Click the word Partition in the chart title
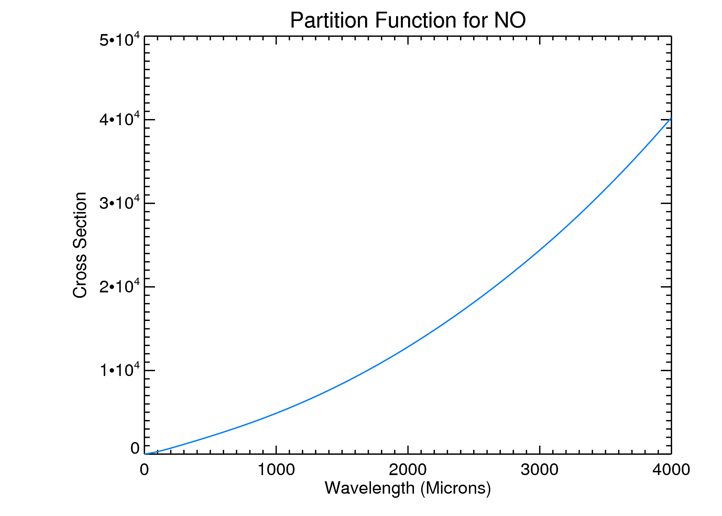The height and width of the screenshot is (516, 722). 329,21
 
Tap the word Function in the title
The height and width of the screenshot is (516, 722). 416,21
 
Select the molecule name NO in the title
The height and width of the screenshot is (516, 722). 510,21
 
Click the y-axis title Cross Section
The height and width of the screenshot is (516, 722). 80,245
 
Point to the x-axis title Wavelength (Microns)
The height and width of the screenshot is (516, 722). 408,488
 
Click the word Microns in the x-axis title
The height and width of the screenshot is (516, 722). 456,488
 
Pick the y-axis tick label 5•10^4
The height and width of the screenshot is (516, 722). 120,40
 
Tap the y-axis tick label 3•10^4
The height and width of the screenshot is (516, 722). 120,203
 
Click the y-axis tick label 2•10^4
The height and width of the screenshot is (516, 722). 120,286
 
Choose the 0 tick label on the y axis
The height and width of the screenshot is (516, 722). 135,448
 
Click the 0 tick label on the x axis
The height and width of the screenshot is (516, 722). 144,470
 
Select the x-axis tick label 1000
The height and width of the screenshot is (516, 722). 276,470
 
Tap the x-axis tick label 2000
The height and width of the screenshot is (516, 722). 408,470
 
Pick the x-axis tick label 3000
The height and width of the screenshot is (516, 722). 539,470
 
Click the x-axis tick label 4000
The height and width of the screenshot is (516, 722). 671,470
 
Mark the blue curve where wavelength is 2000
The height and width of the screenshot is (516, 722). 408,348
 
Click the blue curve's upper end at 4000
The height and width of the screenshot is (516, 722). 670,119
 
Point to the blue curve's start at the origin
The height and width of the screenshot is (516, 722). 145,454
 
